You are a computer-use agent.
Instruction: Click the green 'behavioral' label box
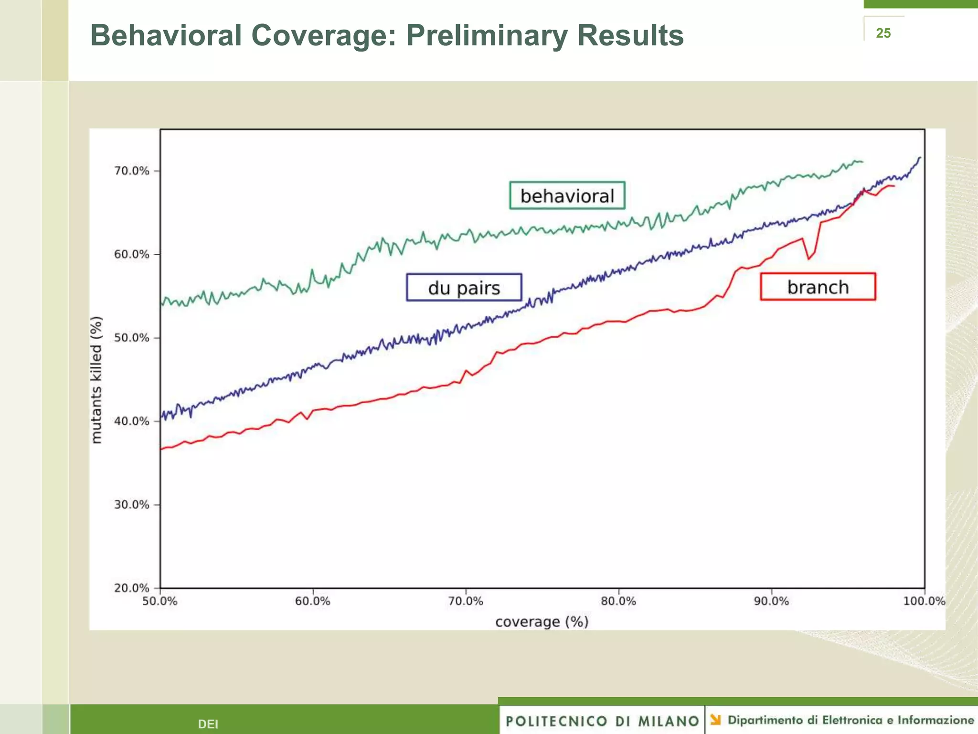[567, 195]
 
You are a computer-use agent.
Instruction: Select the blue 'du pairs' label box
[464, 288]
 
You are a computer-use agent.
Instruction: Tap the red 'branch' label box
[818, 287]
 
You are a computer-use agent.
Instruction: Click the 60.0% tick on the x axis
[313, 601]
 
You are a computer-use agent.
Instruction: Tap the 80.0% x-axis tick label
[618, 601]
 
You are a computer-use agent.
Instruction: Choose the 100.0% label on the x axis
[924, 601]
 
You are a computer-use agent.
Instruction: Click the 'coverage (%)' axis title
[542, 622]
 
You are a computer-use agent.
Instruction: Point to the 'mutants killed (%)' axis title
[96, 380]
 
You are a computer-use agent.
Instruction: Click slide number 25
[883, 33]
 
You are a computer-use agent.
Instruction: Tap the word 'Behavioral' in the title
[166, 36]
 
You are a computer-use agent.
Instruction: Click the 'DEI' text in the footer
[208, 724]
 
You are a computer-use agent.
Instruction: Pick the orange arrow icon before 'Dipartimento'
[715, 720]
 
